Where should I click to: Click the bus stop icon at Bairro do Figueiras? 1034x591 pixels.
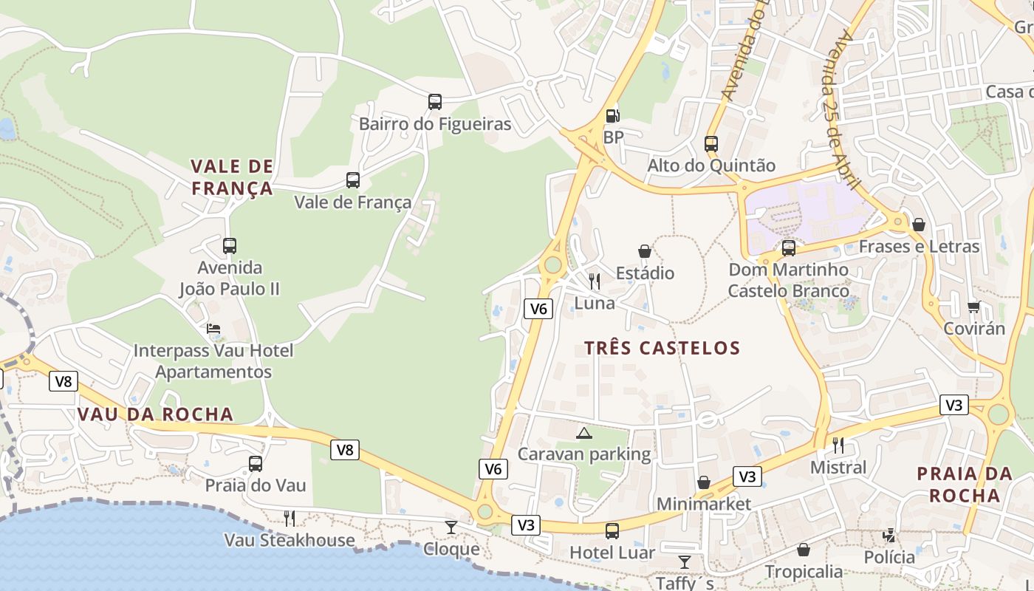(435, 102)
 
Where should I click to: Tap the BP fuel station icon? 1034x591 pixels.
(612, 115)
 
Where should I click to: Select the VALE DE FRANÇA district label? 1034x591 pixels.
(232, 177)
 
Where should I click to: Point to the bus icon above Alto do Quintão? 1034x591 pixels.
(711, 144)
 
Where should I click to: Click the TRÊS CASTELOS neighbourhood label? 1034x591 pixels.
(662, 348)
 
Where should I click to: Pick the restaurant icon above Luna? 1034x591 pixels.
(595, 281)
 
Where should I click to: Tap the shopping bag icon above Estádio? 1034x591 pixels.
(645, 251)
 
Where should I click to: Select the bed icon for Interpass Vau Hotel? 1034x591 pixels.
(213, 328)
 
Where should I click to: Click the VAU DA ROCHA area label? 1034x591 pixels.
(156, 414)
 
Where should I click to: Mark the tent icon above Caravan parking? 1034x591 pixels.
(584, 433)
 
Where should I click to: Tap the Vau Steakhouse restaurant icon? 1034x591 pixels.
(290, 519)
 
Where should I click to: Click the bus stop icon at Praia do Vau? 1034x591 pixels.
(256, 464)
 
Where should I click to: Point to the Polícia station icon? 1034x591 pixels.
(890, 536)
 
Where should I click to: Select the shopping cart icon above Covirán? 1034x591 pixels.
(974, 307)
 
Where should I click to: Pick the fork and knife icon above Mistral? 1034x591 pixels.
(838, 445)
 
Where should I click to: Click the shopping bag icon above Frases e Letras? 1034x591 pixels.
(919, 225)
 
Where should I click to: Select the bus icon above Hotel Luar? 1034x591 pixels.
(612, 530)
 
